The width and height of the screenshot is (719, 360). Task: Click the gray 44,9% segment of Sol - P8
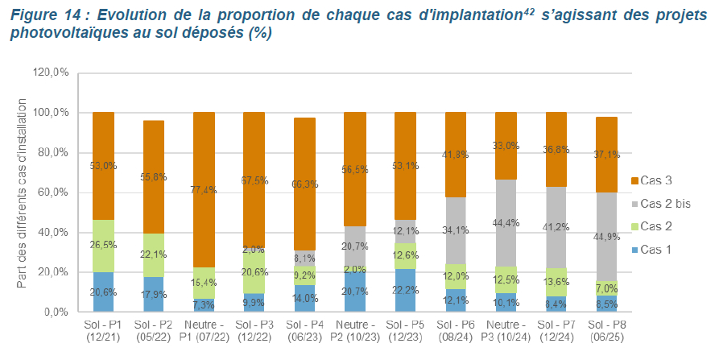(606, 237)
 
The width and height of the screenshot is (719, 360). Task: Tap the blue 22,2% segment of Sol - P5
(405, 290)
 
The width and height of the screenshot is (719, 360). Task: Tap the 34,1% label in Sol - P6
(456, 230)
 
